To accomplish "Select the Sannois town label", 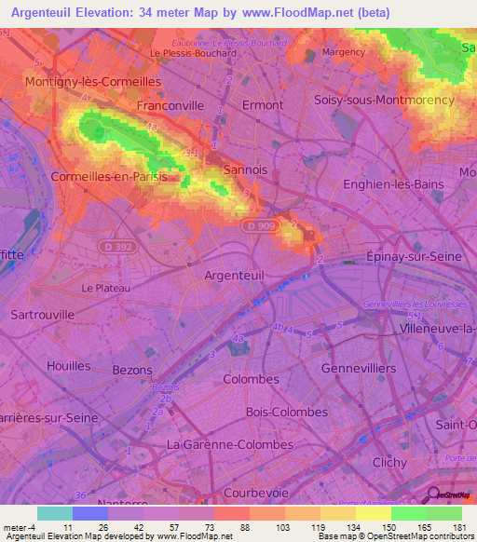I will click(246, 170).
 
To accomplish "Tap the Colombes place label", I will click(252, 379).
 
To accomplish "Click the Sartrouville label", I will click(42, 315).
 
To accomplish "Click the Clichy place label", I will click(388, 462).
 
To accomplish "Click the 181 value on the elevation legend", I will click(457, 526).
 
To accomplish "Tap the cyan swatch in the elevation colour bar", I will click(54, 513).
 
